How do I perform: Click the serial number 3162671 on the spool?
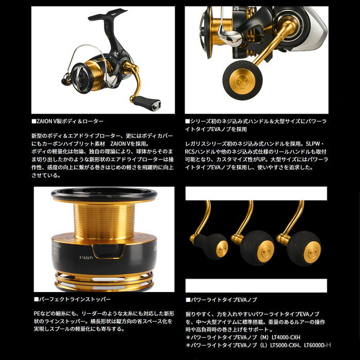point(86,258)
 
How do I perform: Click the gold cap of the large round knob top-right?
point(239,81)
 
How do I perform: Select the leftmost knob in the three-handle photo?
point(211,246)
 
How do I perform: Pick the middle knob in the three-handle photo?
point(257,248)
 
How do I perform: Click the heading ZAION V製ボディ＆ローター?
point(67,121)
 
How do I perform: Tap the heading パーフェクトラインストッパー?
point(73,299)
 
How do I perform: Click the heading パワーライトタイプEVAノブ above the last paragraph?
point(221,300)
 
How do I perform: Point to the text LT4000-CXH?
point(286,337)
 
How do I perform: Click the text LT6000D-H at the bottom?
point(317,345)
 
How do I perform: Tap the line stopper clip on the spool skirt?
point(108,251)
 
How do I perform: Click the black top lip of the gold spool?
point(104,194)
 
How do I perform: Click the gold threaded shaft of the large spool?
point(104,221)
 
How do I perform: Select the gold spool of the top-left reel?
point(94,73)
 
